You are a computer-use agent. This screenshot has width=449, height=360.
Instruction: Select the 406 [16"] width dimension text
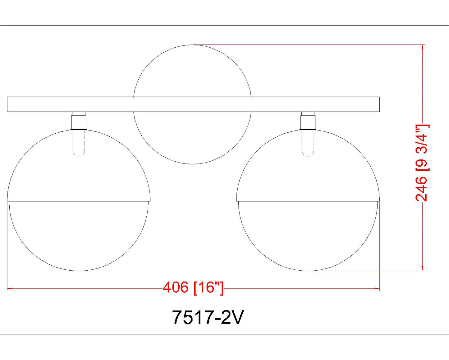click(x=193, y=288)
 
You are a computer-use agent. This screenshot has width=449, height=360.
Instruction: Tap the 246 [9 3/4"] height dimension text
click(x=422, y=163)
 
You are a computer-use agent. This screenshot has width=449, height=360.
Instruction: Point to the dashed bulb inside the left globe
click(x=79, y=143)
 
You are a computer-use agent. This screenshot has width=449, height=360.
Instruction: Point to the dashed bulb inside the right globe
click(x=308, y=143)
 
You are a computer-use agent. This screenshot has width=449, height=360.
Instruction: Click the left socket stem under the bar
click(x=79, y=121)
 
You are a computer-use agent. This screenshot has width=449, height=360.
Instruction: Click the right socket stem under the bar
click(x=308, y=121)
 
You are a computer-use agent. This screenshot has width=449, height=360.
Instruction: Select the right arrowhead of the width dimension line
click(x=377, y=288)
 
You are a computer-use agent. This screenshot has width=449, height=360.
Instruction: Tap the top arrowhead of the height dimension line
click(x=423, y=47)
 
